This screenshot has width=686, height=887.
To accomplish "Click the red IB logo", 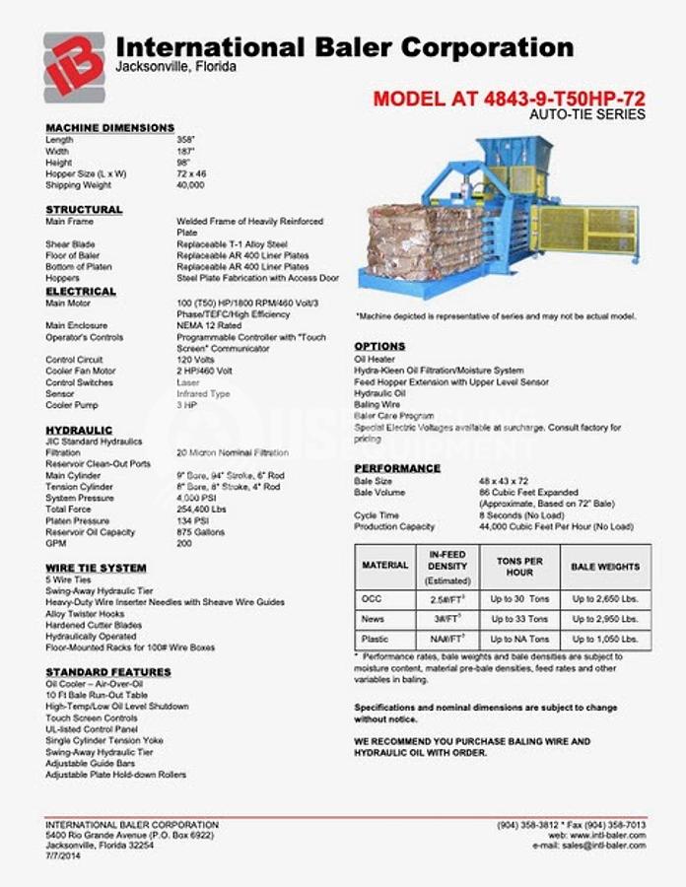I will click(x=74, y=65).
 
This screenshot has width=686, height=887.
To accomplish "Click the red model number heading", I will click(x=509, y=99).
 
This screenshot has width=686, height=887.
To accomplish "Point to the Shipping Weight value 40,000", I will click(x=190, y=184).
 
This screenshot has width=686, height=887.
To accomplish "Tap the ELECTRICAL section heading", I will click(x=81, y=292).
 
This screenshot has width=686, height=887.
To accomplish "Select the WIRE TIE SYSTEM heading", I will click(x=96, y=568).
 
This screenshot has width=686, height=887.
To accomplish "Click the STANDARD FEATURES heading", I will click(x=108, y=672).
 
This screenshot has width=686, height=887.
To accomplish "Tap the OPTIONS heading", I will click(x=379, y=346).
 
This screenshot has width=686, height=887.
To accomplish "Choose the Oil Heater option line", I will click(x=376, y=359).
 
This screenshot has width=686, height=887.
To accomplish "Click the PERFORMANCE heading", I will click(x=397, y=468).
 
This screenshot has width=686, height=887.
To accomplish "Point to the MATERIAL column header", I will click(x=384, y=566).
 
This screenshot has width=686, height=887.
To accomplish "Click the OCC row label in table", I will click(x=372, y=598).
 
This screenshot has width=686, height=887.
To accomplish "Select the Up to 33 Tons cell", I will click(x=514, y=619).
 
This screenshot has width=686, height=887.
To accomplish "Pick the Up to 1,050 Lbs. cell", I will click(x=605, y=639).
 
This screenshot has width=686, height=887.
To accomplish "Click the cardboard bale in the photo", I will click(x=425, y=242).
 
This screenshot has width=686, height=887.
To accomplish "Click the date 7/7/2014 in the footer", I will click(x=63, y=854).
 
